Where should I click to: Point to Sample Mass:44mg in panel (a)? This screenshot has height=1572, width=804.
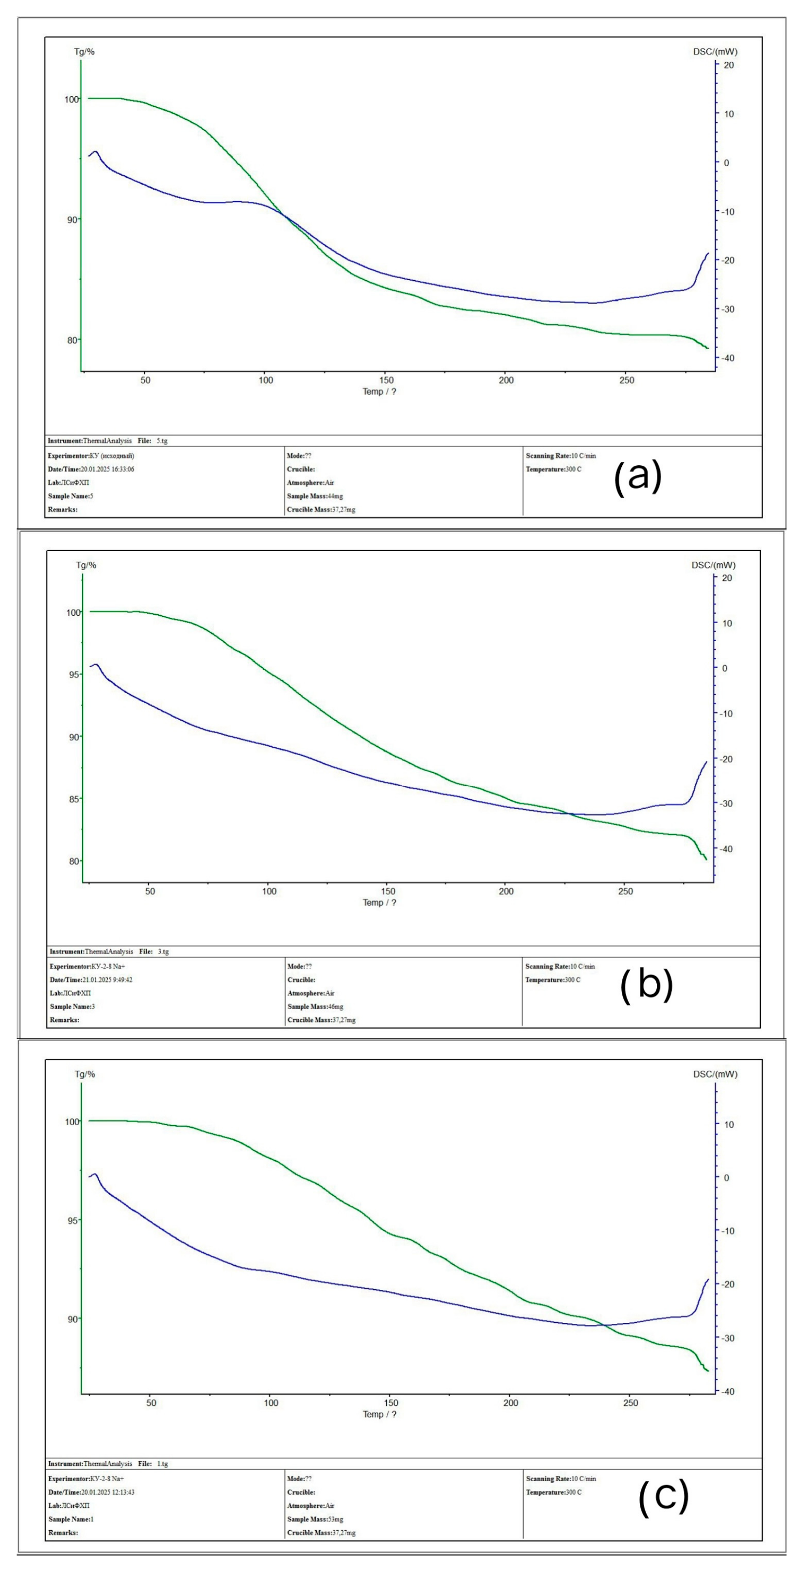314,496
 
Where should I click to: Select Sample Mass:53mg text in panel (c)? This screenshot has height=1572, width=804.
314,1519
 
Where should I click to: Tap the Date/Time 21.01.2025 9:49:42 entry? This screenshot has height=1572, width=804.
91,980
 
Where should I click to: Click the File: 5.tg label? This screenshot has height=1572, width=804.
153,440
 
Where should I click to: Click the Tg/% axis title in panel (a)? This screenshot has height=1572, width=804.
84,52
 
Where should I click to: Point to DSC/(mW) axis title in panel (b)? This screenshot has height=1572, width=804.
713,565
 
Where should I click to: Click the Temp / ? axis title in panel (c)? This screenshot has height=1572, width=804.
379,1414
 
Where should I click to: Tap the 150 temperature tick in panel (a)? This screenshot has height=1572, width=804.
386,380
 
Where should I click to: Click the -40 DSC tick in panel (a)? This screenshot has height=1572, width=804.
727,358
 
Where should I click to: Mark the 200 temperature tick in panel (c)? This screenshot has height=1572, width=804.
511,1403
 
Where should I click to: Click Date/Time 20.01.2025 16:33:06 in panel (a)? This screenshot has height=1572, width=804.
91,469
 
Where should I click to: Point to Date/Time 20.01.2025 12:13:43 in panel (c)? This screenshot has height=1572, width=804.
91,1492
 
